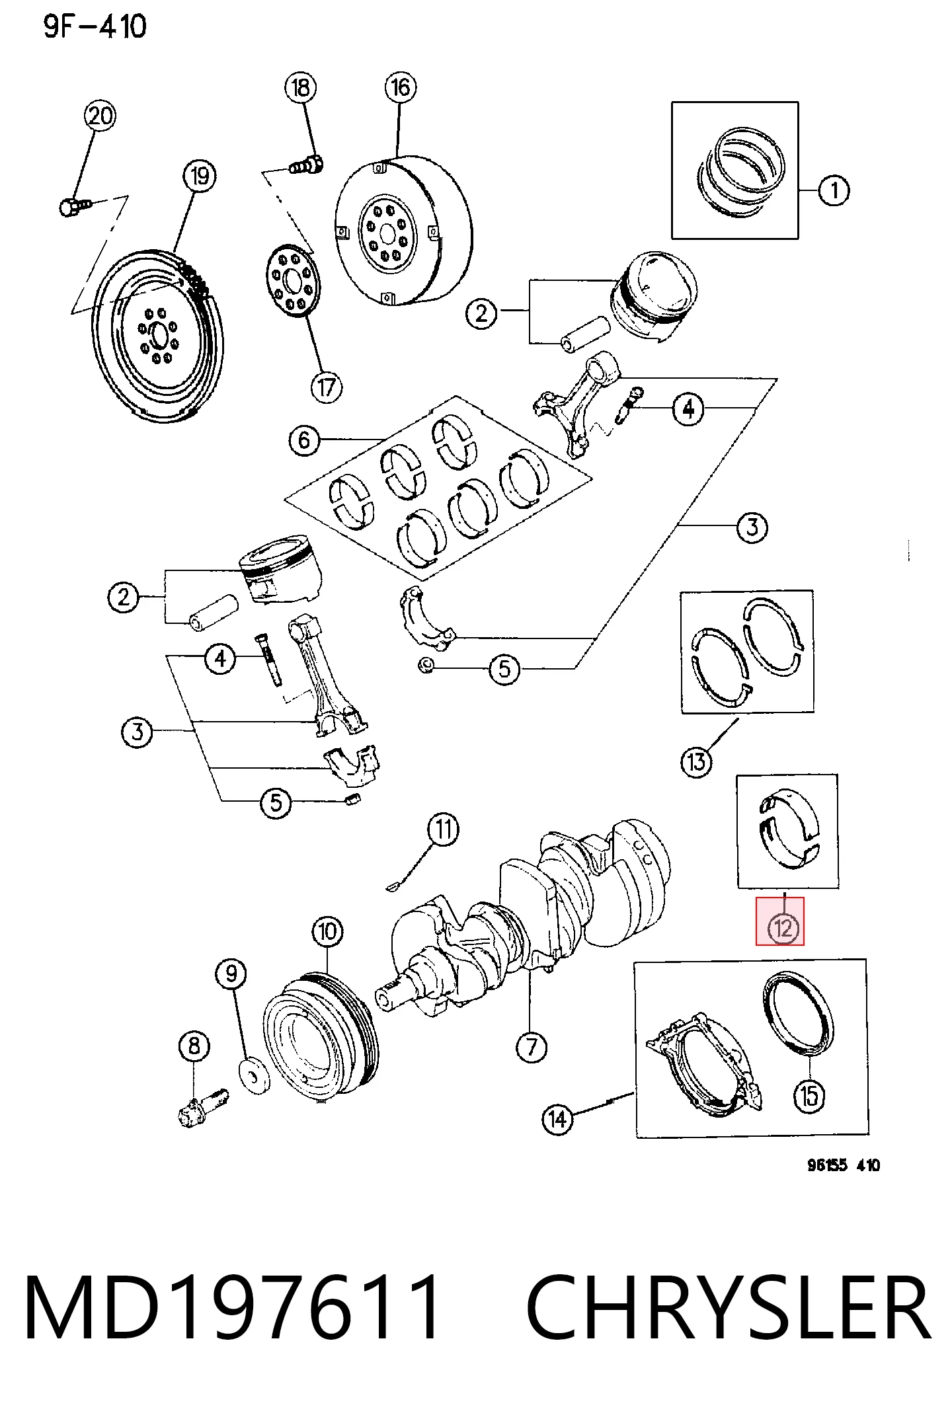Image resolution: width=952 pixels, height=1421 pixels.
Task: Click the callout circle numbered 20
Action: coord(100,116)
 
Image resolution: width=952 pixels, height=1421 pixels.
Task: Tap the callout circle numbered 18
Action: coord(301,87)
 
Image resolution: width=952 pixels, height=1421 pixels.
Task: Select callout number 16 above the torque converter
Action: coord(401,87)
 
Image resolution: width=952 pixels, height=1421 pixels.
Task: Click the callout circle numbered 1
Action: coord(834,190)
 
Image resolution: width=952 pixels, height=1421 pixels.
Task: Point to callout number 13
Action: coord(696,762)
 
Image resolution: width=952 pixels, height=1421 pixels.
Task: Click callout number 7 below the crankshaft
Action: coord(532,1048)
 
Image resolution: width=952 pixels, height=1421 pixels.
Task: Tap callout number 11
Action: coord(443,829)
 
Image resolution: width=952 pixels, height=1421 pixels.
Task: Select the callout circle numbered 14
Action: coord(557,1120)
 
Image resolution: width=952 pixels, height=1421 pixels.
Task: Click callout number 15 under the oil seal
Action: coord(809,1096)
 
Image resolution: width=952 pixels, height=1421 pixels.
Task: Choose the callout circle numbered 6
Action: coord(304,440)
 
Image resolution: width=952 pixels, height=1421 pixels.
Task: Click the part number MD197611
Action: coord(231,1308)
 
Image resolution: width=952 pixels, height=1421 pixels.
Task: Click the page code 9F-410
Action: coord(95,26)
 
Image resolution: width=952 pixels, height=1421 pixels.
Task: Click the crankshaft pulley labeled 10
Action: coord(321,1038)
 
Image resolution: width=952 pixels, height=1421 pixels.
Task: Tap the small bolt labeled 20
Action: coord(74,207)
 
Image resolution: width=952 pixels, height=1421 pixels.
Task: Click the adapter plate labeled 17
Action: coord(293,280)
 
